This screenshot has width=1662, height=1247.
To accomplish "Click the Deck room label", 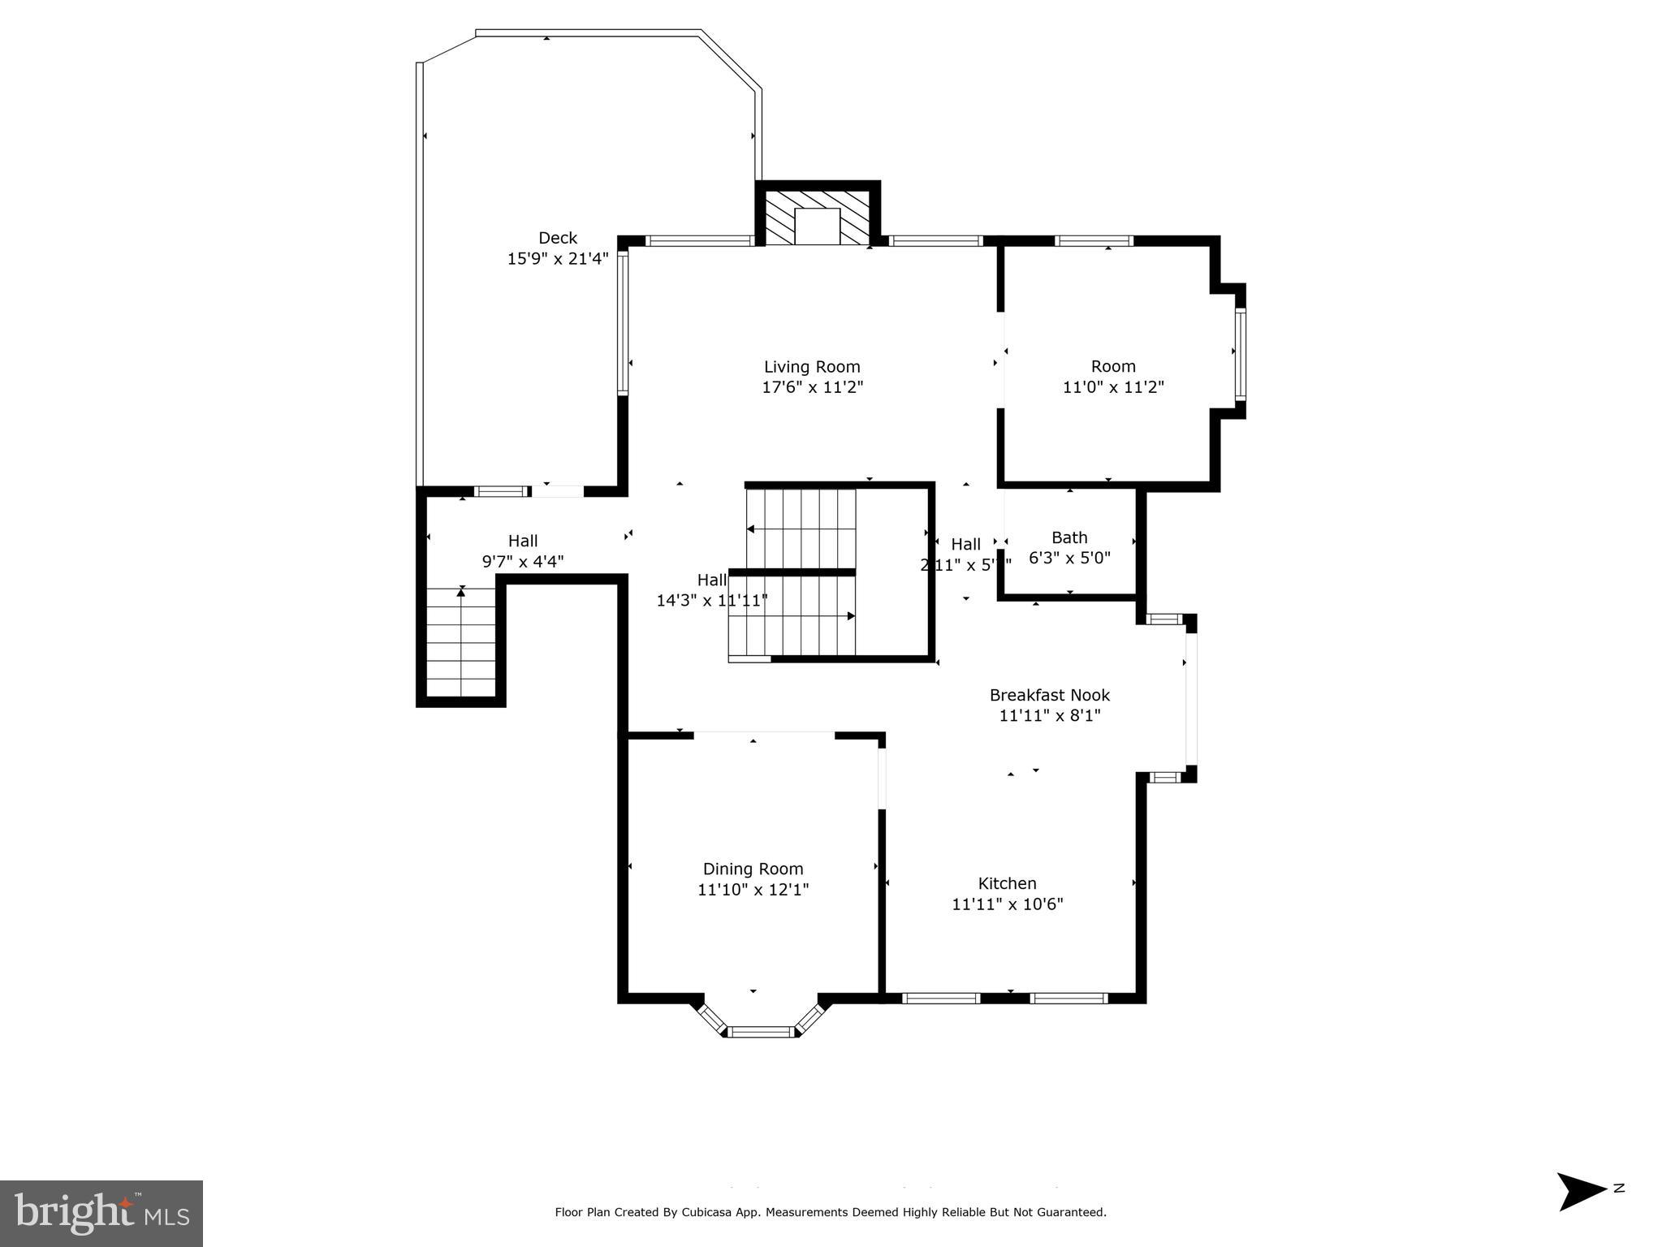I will [558, 238].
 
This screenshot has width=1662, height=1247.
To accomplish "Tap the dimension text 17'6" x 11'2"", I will [812, 388].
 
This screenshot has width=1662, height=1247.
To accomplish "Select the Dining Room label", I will [753, 869].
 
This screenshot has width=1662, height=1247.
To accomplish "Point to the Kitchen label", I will [1007, 883].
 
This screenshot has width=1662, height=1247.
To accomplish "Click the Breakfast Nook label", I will [1049, 695].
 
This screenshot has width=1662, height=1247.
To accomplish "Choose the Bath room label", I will [1069, 537].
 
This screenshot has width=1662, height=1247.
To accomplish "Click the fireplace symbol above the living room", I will [817, 218].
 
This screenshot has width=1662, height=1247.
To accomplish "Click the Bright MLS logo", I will [101, 1214].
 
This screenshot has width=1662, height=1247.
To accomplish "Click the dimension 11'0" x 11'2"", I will [1113, 388].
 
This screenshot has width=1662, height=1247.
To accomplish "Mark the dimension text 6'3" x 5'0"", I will [1069, 559].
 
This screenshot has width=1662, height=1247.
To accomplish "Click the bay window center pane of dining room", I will [760, 1032].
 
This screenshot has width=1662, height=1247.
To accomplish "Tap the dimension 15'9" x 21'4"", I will [558, 259].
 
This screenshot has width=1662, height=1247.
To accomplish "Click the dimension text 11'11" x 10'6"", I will [1007, 904].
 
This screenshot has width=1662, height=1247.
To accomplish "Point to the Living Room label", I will [812, 367].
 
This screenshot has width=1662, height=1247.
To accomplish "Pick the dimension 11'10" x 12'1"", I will [753, 890].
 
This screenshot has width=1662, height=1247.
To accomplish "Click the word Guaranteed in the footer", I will [1070, 1212].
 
